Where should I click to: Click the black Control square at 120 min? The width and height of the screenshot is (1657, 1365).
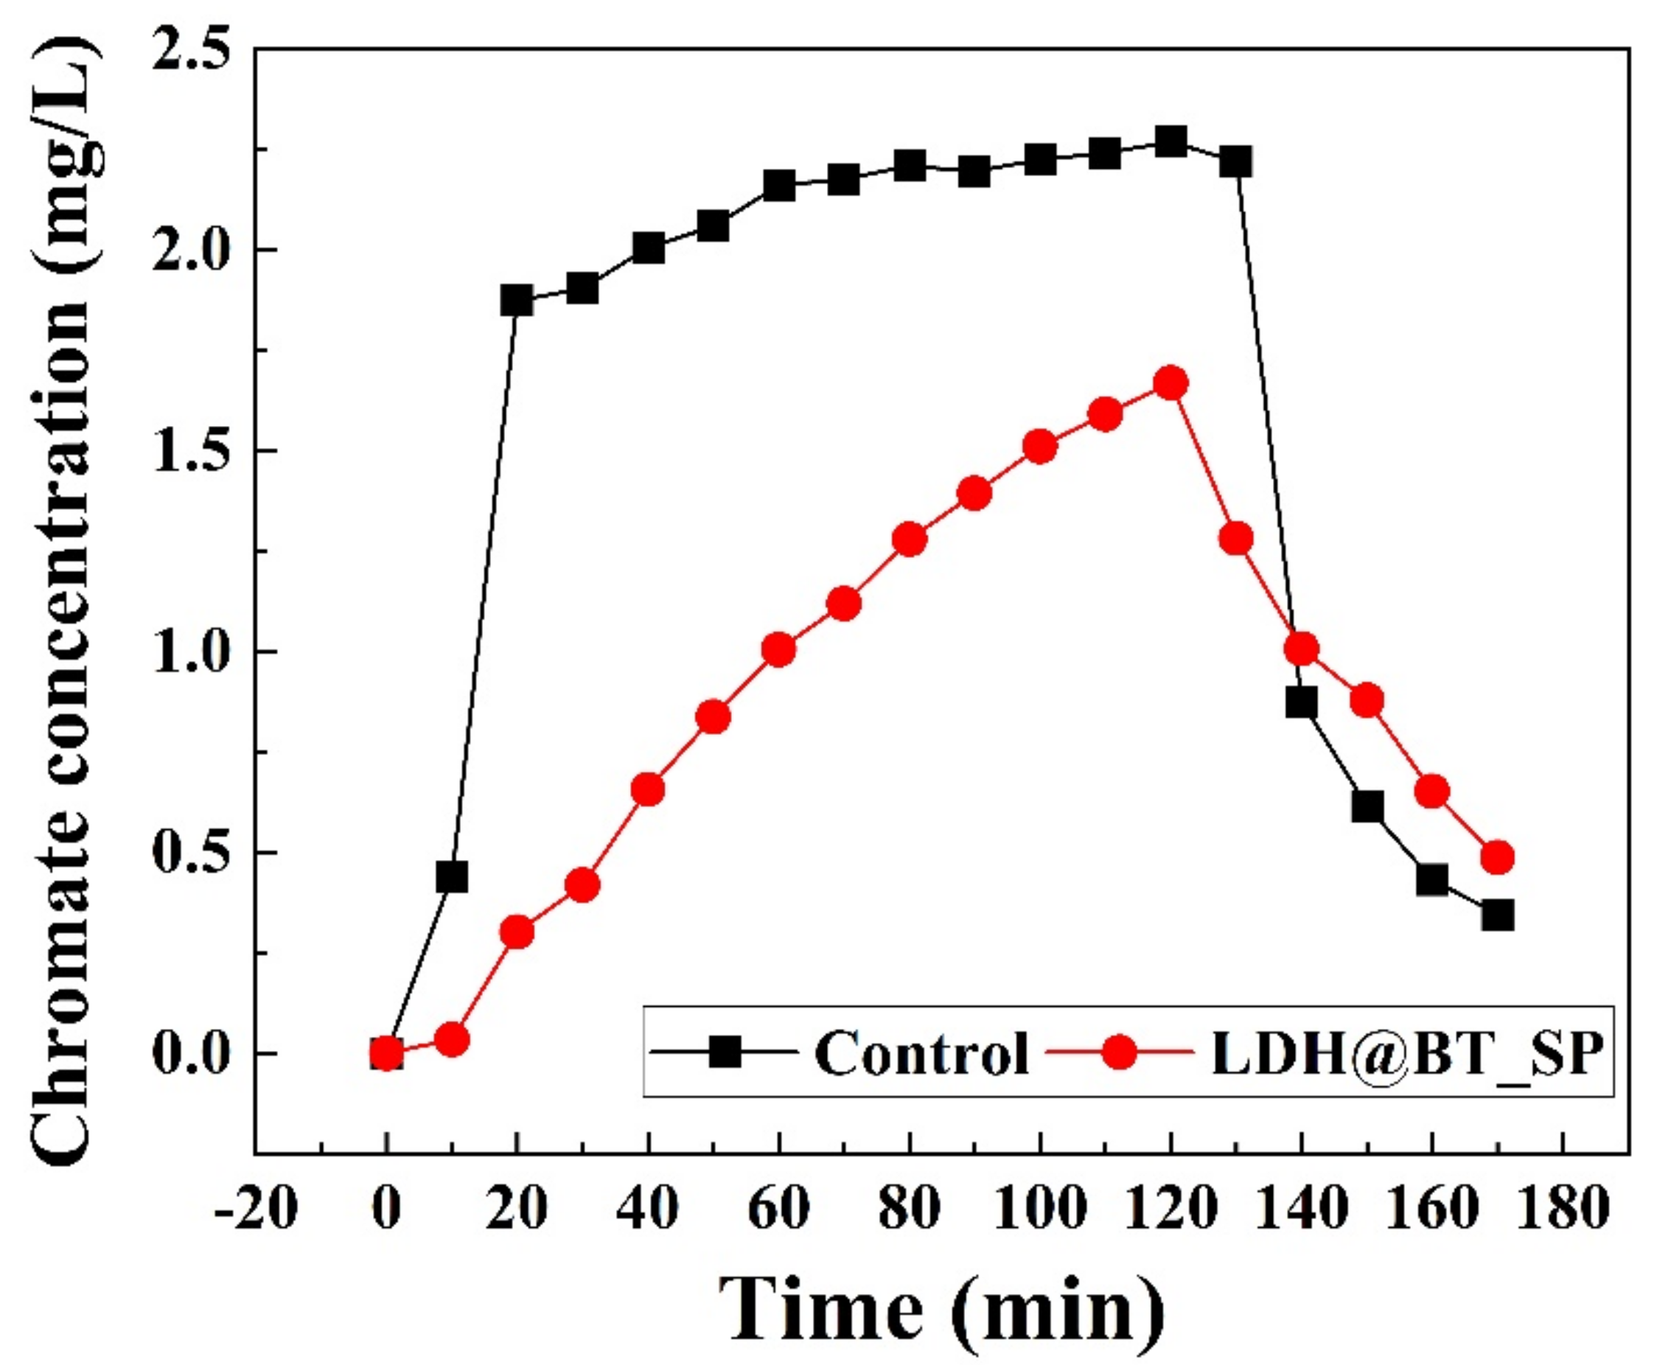tap(1171, 143)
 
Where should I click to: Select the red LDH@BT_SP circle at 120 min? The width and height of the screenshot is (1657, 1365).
tap(1171, 384)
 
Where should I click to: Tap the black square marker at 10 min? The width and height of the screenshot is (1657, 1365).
tap(451, 877)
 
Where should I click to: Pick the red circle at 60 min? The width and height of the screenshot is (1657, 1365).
tap(778, 649)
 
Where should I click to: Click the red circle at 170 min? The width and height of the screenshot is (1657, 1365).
tap(1497, 857)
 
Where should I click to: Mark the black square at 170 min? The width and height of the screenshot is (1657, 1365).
tap(1497, 916)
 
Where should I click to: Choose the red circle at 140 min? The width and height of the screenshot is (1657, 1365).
tap(1302, 649)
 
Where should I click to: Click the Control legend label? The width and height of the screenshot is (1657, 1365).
tap(921, 1052)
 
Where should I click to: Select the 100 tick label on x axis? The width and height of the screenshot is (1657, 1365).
tap(1039, 1209)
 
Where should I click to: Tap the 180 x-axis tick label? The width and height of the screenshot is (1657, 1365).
tap(1563, 1209)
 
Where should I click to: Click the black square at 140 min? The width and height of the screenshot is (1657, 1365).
tap(1302, 702)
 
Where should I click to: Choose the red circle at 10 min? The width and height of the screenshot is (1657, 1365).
tap(451, 1040)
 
